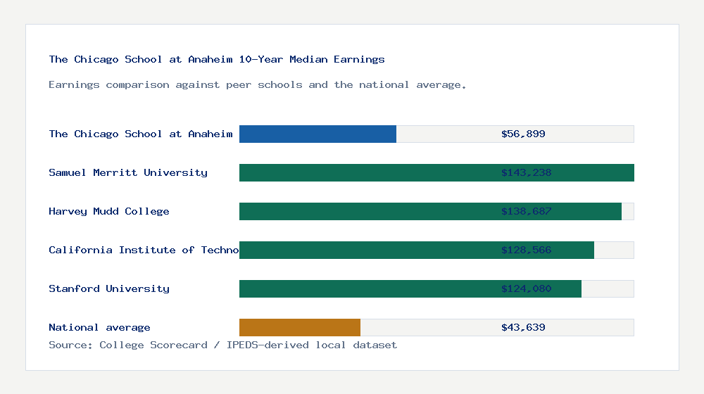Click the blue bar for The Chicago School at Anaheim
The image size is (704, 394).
pos(318,134)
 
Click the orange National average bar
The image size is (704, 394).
pos(300,327)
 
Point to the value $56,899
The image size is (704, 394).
pos(523,134)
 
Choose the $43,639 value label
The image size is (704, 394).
pos(523,327)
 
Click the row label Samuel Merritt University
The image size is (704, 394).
pos(128,172)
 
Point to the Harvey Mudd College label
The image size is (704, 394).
pos(109,211)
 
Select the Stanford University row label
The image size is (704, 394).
pos(109,288)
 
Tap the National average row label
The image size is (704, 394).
pos(99,327)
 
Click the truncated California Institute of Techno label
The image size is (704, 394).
pos(144,250)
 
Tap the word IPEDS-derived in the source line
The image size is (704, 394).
pos(258,345)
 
